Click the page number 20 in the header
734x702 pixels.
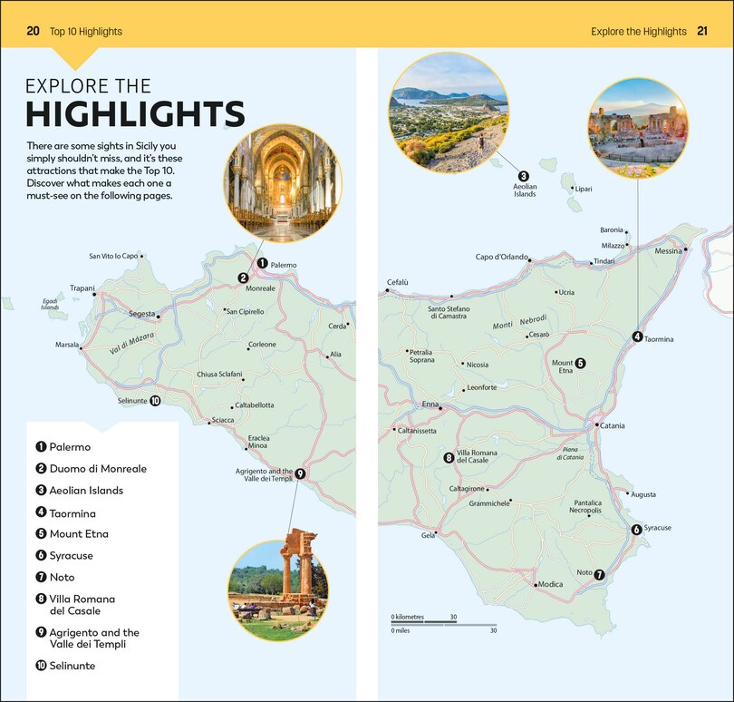(x=33, y=32)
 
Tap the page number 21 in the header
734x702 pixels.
(x=702, y=32)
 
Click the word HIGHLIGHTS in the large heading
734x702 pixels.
(x=135, y=114)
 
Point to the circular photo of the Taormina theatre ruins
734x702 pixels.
(x=637, y=127)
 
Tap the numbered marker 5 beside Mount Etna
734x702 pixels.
(x=580, y=364)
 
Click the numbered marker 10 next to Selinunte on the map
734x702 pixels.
(x=155, y=400)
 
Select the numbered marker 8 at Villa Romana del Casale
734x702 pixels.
(x=449, y=458)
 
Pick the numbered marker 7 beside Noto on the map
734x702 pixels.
(x=600, y=573)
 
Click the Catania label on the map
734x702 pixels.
(x=613, y=425)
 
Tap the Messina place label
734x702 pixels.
(x=668, y=251)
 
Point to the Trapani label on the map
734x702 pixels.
(x=82, y=288)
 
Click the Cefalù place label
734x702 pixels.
(x=398, y=282)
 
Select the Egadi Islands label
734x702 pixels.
(x=50, y=306)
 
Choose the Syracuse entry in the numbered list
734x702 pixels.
(x=71, y=556)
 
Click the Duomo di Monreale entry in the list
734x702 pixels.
(x=97, y=469)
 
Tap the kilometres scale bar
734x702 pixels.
(x=423, y=622)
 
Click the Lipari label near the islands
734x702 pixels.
(x=583, y=190)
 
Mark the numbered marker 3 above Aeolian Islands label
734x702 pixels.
(x=523, y=176)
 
